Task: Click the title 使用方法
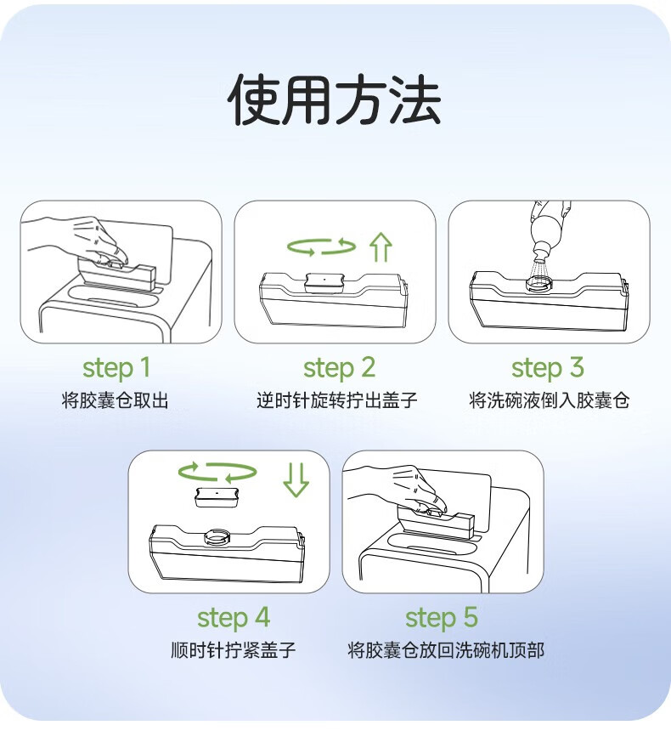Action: point(335,99)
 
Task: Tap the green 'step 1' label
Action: point(116,368)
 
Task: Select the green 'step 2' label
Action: point(339,368)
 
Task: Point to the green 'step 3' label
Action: point(548,368)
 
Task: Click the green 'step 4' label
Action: point(234,618)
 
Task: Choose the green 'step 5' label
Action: point(442,618)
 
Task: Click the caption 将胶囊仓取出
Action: point(116,400)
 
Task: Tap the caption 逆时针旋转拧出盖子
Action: point(337,400)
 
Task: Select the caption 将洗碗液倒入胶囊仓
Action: point(550,400)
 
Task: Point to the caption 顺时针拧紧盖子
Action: point(234,650)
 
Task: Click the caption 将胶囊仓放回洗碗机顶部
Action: point(446,650)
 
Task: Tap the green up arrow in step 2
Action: point(381,246)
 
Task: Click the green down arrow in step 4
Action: point(296,479)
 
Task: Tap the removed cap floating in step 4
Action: point(217,497)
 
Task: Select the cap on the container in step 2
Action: point(324,282)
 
